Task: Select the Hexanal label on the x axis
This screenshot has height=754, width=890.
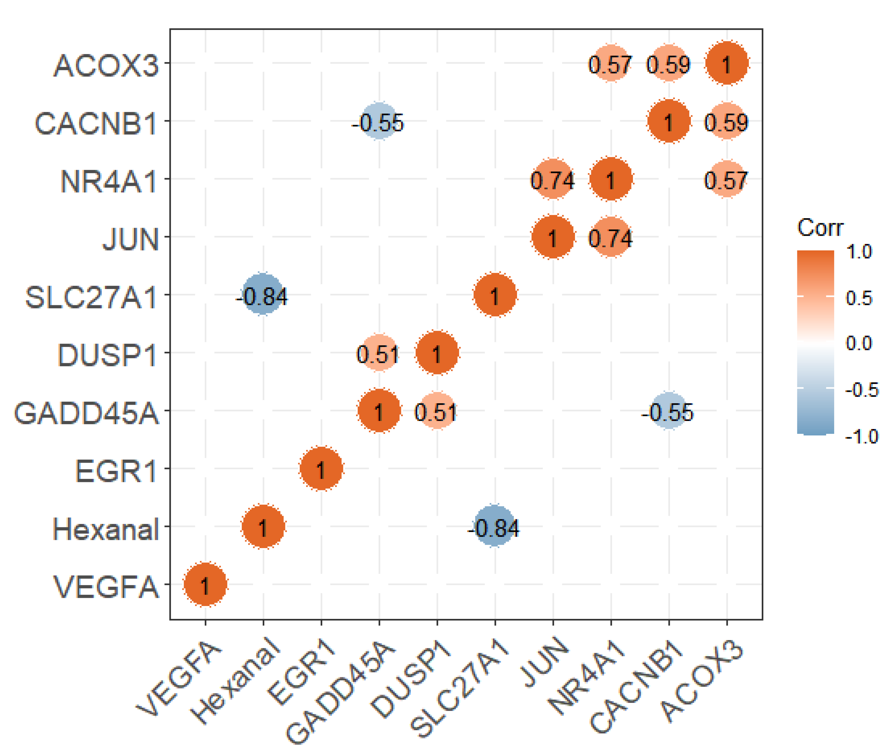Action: [236, 680]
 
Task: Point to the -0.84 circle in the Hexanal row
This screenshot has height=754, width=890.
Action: [495, 527]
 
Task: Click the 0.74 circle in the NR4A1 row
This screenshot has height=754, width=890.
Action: [553, 179]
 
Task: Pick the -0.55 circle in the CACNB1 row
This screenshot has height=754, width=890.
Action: [379, 122]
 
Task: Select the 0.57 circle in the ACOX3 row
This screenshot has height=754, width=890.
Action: [611, 63]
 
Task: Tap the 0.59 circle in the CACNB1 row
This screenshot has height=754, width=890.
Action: [727, 122]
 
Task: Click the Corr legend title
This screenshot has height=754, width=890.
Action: [820, 228]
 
